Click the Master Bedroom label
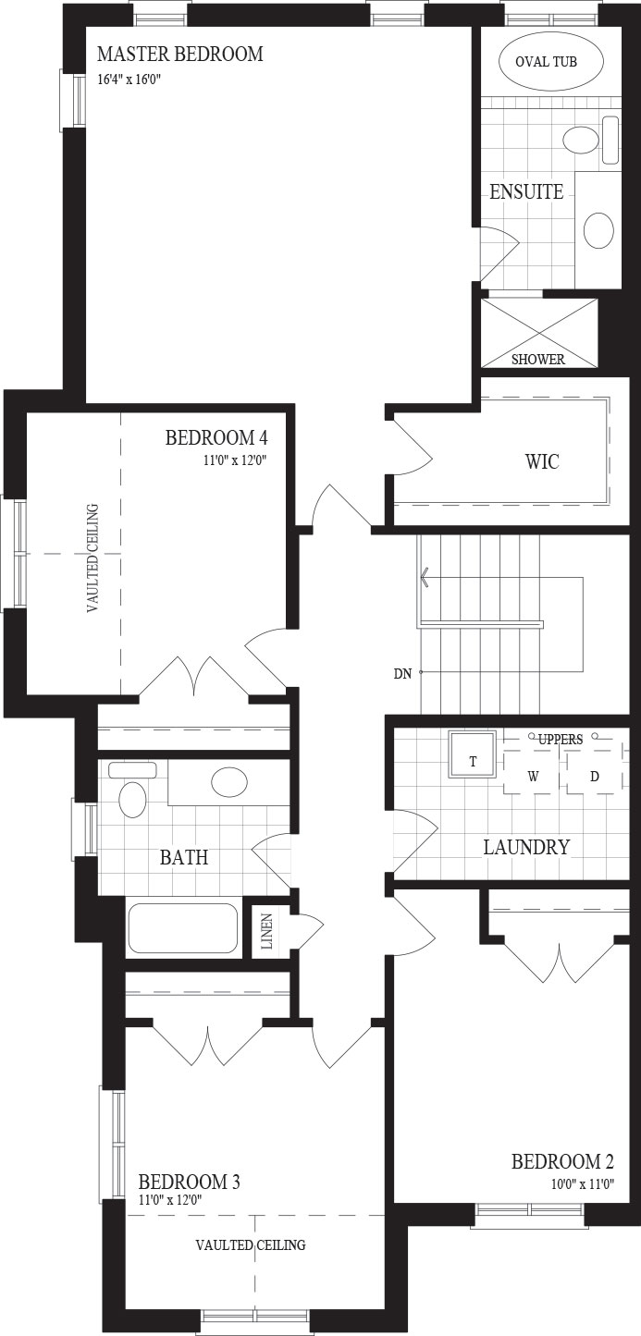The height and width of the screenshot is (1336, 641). [179, 55]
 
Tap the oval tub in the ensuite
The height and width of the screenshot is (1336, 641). [551, 61]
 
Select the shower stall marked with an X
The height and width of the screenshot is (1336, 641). [538, 333]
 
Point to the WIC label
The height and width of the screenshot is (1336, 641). [542, 461]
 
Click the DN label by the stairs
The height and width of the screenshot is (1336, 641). [402, 674]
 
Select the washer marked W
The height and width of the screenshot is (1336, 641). [533, 776]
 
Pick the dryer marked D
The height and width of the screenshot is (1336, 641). [595, 776]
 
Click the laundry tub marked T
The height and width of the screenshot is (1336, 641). [473, 754]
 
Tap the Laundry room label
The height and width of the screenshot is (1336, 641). [526, 847]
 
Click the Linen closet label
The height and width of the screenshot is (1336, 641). [266, 931]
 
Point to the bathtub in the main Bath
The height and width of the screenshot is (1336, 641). [182, 928]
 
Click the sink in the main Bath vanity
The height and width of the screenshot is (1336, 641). [229, 782]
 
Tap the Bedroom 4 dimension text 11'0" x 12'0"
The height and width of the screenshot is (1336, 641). [238, 460]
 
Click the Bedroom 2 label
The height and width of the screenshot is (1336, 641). [562, 1161]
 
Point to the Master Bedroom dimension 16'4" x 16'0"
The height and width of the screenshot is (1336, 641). [130, 79]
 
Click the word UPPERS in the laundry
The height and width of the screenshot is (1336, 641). [561, 740]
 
